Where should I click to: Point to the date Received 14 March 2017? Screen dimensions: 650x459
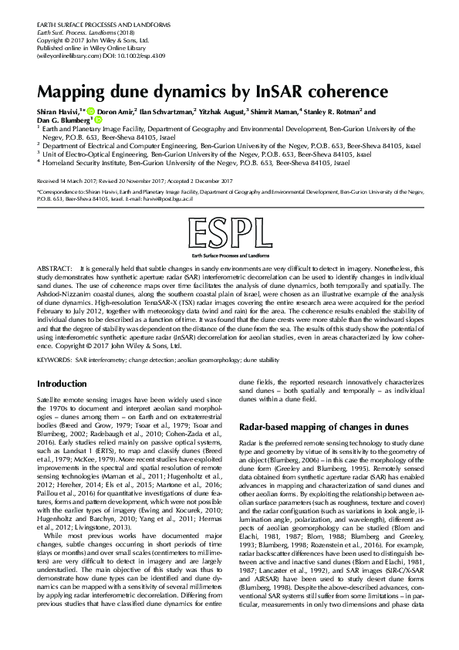tap(66, 179)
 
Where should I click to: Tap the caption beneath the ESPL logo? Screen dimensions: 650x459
tap(228, 253)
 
